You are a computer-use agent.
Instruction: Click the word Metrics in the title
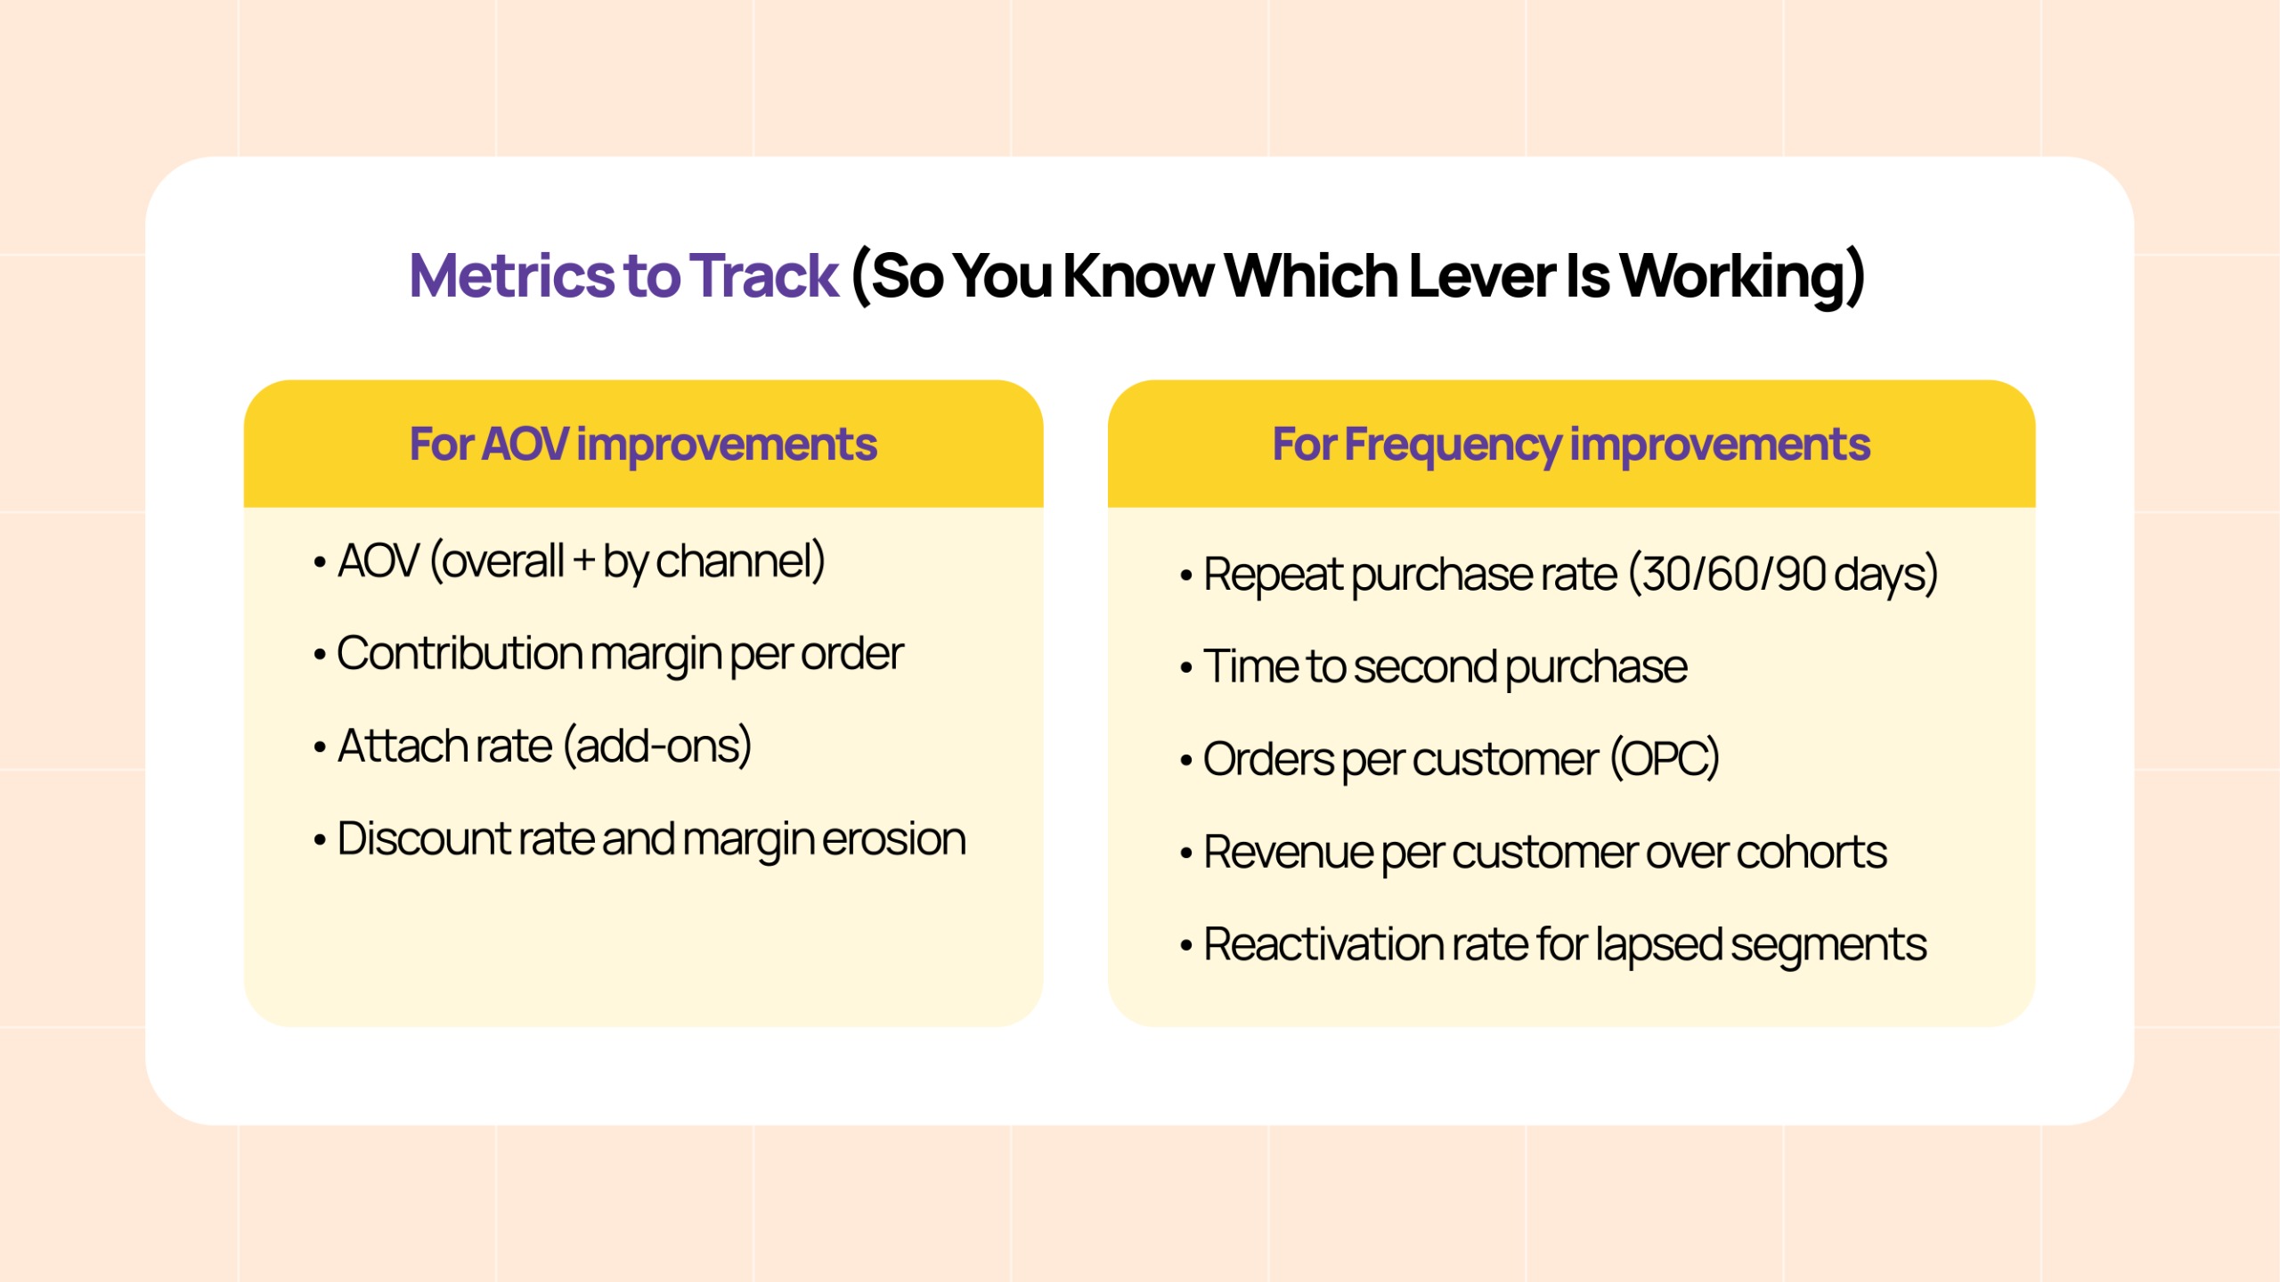512,275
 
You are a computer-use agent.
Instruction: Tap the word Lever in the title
1482,275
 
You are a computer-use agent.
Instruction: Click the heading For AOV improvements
643,445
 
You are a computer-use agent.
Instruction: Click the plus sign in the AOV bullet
584,562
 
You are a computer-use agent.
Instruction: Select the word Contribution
459,653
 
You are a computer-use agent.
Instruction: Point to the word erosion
894,839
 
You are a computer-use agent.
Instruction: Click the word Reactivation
1322,945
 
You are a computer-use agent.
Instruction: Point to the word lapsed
1658,947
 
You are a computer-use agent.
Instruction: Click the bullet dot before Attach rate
320,748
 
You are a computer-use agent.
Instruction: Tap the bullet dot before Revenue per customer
1186,854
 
